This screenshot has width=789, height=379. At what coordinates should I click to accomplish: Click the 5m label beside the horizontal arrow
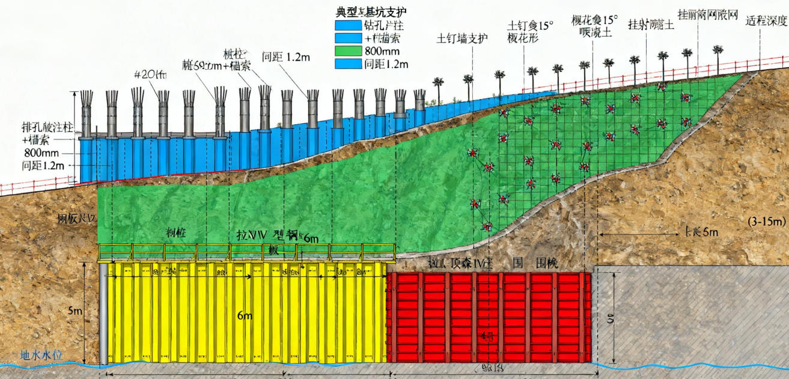702,231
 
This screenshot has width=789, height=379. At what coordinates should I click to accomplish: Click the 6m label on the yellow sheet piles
245,316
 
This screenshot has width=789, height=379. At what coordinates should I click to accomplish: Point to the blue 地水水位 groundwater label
41,354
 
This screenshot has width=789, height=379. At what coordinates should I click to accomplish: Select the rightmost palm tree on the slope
717,51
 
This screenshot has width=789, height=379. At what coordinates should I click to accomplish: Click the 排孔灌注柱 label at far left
47,127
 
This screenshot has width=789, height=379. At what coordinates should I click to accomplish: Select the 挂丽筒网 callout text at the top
707,14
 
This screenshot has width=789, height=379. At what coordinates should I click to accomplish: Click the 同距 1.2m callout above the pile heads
286,58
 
